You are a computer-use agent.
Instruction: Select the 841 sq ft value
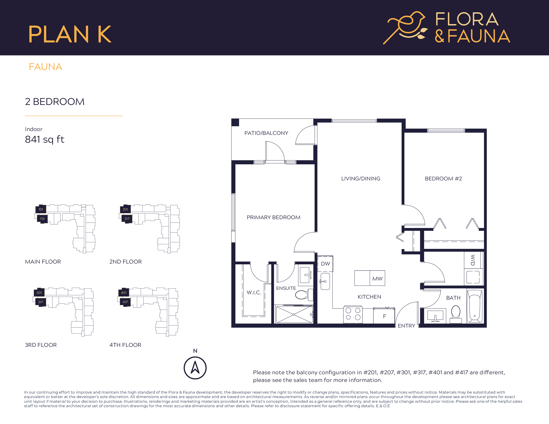pyautogui.click(x=44, y=139)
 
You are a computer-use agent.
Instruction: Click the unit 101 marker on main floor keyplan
pyautogui.click(x=41, y=209)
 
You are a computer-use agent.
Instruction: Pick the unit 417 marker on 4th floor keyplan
pyautogui.click(x=125, y=302)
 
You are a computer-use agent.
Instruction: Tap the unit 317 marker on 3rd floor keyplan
pyautogui.click(x=40, y=302)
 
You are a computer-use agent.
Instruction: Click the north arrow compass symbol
pyautogui.click(x=195, y=368)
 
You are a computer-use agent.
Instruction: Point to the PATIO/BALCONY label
pyautogui.click(x=266, y=133)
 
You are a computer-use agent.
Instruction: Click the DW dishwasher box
pyautogui.click(x=325, y=264)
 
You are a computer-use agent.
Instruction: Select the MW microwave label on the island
pyautogui.click(x=377, y=279)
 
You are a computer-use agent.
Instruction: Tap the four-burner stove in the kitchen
pyautogui.click(x=353, y=314)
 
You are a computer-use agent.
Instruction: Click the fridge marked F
pyautogui.click(x=384, y=316)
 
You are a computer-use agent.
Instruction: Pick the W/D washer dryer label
pyautogui.click(x=473, y=260)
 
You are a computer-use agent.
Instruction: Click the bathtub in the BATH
pyautogui.click(x=474, y=306)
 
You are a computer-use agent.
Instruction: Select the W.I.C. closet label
pyautogui.click(x=254, y=292)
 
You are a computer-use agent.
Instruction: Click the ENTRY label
pyautogui.click(x=406, y=326)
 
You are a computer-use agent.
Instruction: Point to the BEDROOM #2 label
pyautogui.click(x=443, y=179)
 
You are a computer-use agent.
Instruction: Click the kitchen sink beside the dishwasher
pyautogui.click(x=325, y=282)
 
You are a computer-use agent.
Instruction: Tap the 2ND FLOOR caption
pyautogui.click(x=125, y=262)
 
